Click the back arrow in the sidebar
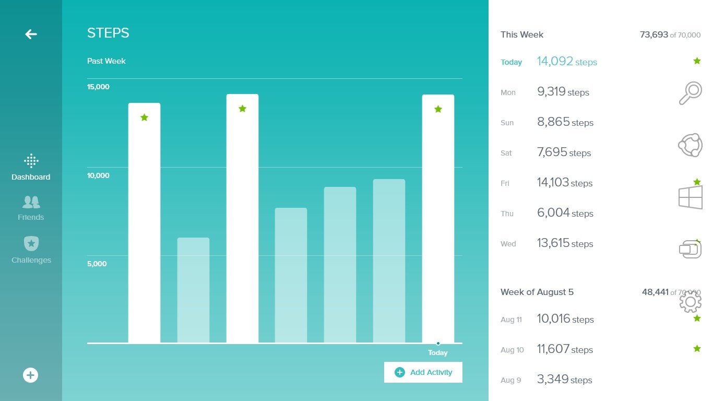tap(31, 34)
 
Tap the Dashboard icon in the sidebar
tap(31, 160)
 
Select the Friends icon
tap(31, 202)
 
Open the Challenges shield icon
tap(31, 244)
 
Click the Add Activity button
tap(423, 372)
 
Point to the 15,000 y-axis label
tap(98, 87)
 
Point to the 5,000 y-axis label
tap(97, 264)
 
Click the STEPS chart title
tap(108, 33)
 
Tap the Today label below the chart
tap(438, 352)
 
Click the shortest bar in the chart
tap(193, 290)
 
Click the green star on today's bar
tap(438, 109)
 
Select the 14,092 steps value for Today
tap(567, 61)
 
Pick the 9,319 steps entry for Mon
tap(563, 92)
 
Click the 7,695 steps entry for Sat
tap(564, 152)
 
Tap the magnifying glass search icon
tap(690, 93)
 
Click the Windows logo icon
tap(690, 197)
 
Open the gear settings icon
tap(690, 301)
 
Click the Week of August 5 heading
tap(537, 292)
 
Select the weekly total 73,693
tap(654, 34)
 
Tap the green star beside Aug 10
tap(697, 348)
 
